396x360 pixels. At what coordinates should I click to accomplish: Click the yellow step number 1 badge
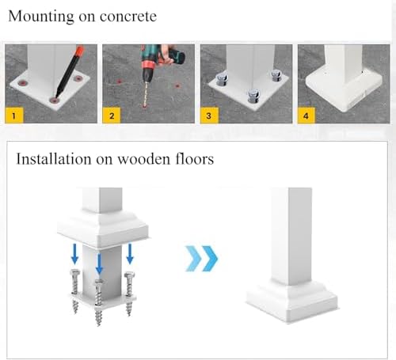tap(14, 116)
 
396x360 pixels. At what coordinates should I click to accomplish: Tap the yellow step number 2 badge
tap(112, 116)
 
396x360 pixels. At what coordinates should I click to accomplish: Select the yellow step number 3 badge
tap(209, 116)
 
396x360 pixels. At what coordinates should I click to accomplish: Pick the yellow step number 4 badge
tap(307, 116)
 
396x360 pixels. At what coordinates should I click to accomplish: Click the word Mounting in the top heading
tap(41, 17)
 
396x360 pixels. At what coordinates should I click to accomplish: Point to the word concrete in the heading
tap(128, 17)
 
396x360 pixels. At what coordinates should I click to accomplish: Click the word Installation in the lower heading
tap(54, 159)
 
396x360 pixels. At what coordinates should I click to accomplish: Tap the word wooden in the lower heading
tap(143, 159)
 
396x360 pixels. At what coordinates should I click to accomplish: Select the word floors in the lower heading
tap(195, 159)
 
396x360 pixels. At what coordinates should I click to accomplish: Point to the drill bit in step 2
tap(145, 93)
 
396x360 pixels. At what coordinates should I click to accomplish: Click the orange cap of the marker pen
tap(79, 51)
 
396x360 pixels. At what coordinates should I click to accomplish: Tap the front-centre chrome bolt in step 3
tap(253, 96)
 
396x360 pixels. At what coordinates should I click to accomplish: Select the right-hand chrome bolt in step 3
tap(276, 75)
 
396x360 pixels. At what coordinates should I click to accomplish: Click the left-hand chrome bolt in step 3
tap(221, 79)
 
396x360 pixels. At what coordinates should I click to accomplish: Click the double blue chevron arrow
tap(201, 259)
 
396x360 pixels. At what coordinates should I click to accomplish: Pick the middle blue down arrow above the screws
tap(99, 263)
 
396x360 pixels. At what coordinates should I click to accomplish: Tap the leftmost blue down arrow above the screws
tap(75, 254)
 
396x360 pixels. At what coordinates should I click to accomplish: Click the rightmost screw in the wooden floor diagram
tap(129, 294)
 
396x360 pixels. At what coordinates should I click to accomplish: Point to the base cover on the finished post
tap(291, 301)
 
